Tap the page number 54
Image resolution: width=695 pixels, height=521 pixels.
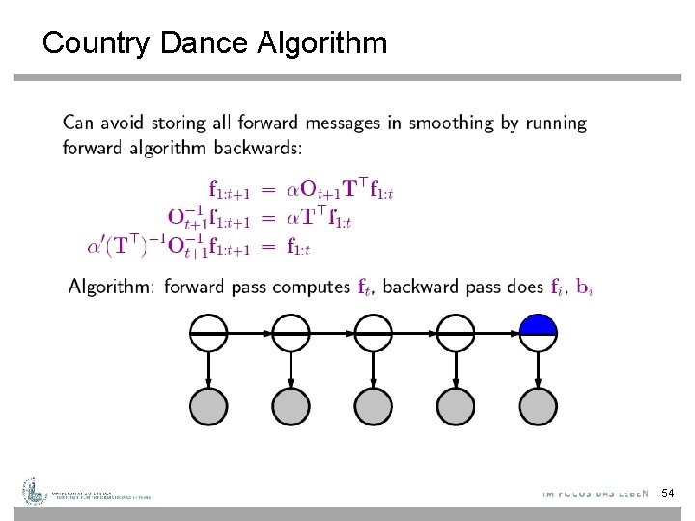667,493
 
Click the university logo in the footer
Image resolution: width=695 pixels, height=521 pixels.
35,491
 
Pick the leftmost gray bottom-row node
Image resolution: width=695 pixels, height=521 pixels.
207,403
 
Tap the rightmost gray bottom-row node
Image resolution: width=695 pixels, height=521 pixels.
539,403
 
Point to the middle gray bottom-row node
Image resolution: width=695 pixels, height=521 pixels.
373,403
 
